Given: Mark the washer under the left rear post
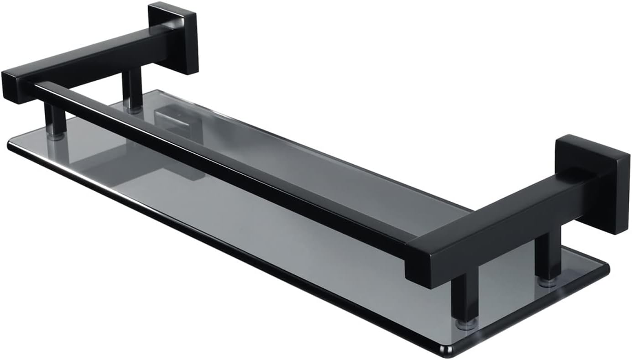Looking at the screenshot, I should [134, 110].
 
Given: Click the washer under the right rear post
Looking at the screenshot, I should [548, 282].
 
